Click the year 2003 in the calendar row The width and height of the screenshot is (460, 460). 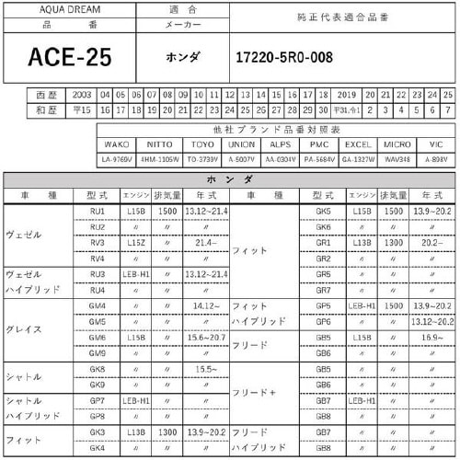(x=81, y=95)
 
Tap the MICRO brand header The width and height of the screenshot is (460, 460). (x=397, y=144)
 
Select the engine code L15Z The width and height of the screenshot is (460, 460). (x=135, y=242)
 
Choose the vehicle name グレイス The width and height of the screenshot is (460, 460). (x=23, y=328)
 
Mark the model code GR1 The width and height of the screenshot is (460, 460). (x=323, y=242)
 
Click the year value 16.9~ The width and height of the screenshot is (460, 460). (x=431, y=337)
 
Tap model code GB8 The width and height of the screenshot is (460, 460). (x=323, y=447)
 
